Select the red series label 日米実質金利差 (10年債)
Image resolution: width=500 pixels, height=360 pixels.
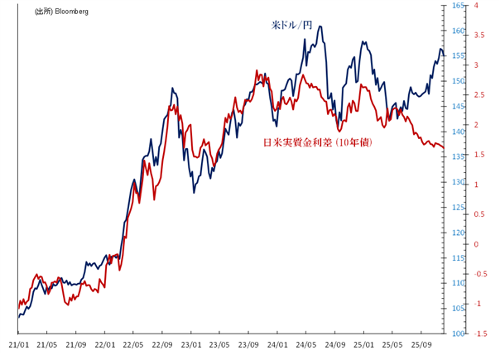pos(317,143)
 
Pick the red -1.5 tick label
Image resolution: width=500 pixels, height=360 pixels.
pos(480,333)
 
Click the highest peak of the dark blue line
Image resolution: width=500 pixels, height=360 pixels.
pos(320,26)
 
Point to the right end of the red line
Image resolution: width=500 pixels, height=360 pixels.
pos(445,148)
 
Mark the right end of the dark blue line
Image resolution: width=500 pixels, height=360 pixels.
pos(445,55)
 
